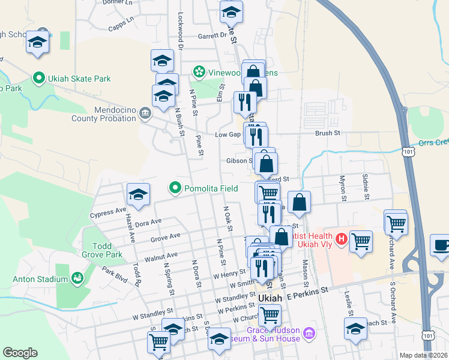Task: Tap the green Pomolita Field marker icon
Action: coord(175,188)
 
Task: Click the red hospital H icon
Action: coord(342,239)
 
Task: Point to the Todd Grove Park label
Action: coord(107,250)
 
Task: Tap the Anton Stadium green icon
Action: coord(77,278)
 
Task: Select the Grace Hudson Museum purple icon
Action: coord(309,332)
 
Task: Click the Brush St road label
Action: coord(328,133)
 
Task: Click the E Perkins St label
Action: coord(309,290)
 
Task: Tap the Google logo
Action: coord(20,353)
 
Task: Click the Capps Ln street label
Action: coord(122,24)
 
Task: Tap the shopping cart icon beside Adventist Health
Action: coord(361,242)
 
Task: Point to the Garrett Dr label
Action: coord(212,35)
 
